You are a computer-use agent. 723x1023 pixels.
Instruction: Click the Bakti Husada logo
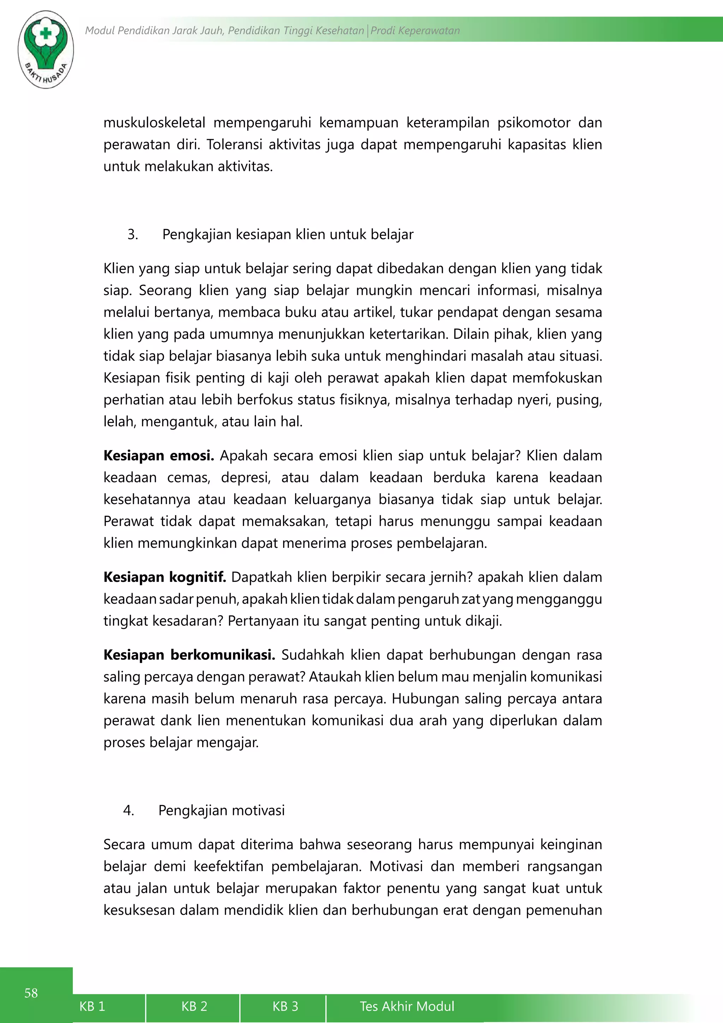46,49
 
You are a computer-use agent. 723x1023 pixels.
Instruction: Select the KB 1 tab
92,1006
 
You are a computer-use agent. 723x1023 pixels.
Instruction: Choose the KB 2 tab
194,1006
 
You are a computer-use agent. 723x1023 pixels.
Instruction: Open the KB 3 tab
285,1006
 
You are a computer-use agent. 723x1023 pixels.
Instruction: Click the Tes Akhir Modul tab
407,1006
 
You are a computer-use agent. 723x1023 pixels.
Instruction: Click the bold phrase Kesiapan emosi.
159,455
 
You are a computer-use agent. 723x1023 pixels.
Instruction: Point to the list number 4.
128,810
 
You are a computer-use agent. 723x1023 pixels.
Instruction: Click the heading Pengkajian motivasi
221,810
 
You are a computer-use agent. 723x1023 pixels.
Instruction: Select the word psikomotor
533,123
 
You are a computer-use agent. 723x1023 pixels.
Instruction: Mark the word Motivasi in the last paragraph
396,866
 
